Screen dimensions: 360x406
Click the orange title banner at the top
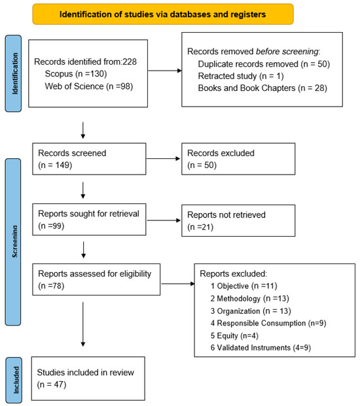point(163,14)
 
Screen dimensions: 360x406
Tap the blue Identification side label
point(13,73)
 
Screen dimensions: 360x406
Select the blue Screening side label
point(13,242)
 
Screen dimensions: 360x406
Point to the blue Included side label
point(14,380)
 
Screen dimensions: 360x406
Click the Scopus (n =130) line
point(76,74)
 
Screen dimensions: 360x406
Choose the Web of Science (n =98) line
point(89,86)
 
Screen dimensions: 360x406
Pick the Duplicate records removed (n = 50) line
point(264,64)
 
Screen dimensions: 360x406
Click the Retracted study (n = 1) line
point(241,76)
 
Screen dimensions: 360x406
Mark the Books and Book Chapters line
point(262,88)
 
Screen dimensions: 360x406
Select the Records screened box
point(89,159)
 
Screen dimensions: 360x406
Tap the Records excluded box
point(238,159)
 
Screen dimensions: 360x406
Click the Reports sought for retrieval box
point(89,219)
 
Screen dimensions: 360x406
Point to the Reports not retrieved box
point(238,220)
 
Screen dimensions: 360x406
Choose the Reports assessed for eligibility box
point(96,279)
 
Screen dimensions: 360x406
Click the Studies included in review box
point(88,379)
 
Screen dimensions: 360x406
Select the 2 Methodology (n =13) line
point(249,299)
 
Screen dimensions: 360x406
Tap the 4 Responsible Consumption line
point(268,323)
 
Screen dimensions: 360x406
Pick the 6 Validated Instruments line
point(261,347)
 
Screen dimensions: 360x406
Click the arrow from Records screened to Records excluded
point(163,158)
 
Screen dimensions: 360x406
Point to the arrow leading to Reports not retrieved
point(164,220)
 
